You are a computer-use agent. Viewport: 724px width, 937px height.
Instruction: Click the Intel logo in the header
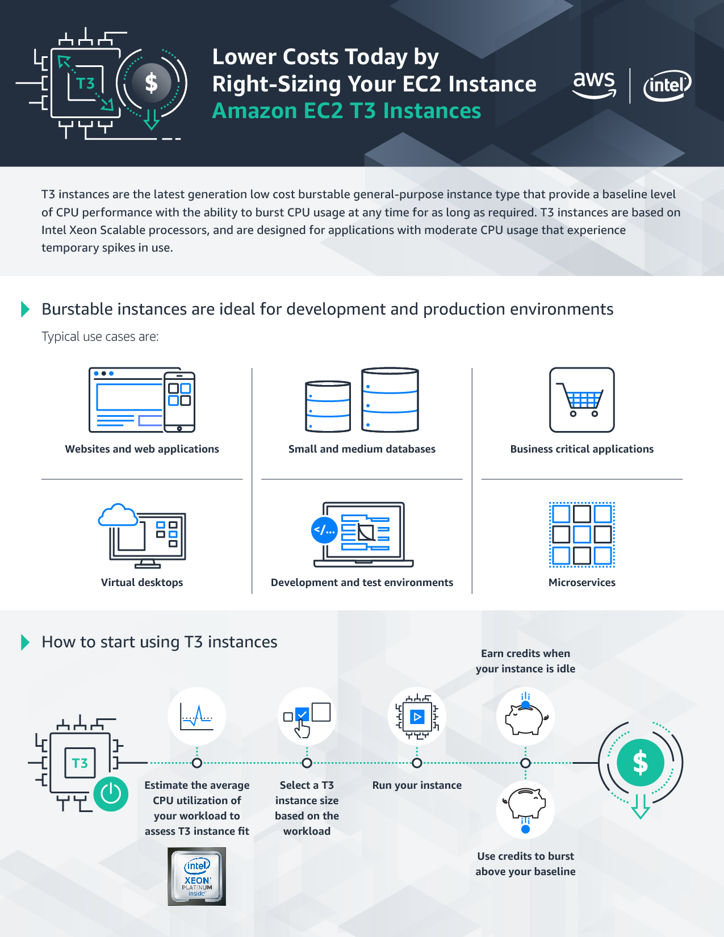click(667, 86)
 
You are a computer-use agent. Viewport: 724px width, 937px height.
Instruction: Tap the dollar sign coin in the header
click(151, 83)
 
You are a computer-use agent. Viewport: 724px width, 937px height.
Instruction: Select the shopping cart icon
click(581, 400)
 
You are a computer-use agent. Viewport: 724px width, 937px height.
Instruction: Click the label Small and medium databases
click(362, 449)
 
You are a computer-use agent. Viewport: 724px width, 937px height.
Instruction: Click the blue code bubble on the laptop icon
click(325, 530)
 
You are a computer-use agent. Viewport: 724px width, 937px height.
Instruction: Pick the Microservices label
click(581, 583)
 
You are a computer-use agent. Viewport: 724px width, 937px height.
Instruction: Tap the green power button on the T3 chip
click(111, 793)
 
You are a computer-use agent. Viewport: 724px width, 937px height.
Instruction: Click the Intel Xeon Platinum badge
click(197, 876)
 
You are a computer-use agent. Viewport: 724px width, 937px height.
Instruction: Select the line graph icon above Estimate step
click(196, 717)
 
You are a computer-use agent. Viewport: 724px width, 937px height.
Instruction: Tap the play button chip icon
click(417, 717)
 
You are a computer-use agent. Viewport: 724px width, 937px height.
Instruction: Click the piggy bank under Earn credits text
click(525, 717)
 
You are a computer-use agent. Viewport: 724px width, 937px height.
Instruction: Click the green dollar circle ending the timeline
click(641, 763)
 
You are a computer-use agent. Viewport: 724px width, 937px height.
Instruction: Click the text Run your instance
click(417, 785)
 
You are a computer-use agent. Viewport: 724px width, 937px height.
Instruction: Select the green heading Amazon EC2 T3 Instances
click(346, 111)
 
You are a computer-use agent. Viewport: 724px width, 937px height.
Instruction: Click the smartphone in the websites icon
click(179, 401)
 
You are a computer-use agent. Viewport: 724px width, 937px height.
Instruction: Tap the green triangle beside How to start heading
click(25, 642)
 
